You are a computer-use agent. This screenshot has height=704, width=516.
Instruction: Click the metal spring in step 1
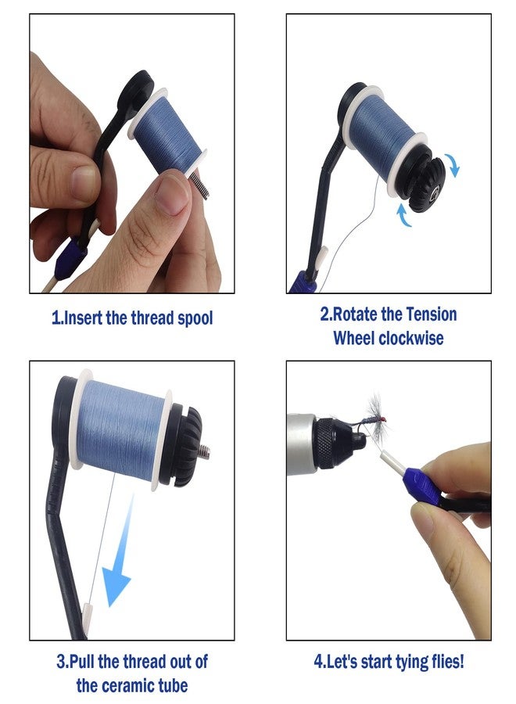200,185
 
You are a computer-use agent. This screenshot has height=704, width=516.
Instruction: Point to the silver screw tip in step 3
206,451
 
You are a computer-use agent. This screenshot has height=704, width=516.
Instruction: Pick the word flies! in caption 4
447,662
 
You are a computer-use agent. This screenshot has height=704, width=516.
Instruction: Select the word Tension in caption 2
432,314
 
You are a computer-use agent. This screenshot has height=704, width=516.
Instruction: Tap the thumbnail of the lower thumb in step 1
172,194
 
